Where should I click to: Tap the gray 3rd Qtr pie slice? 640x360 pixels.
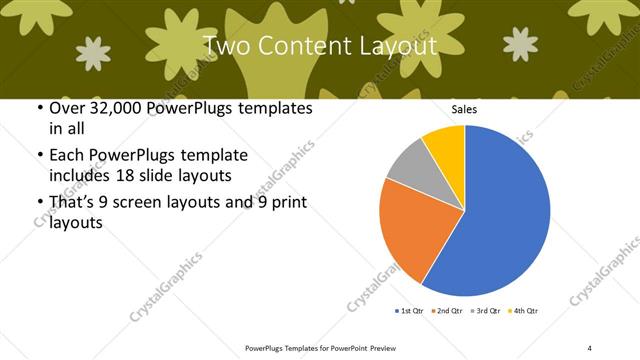409,166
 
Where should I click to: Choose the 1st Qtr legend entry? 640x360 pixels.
410,312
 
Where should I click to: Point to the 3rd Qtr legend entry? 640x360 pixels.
487,312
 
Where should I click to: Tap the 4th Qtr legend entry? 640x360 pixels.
524,312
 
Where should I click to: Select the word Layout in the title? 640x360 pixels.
397,46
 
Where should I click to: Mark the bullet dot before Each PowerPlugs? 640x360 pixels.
38,156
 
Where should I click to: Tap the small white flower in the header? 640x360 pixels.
94,53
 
